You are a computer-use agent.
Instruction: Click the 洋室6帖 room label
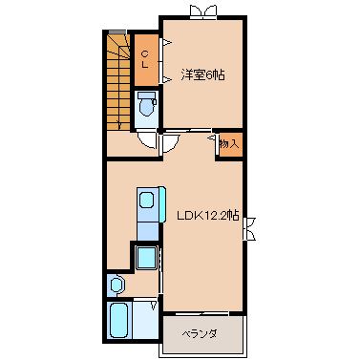(x=202, y=75)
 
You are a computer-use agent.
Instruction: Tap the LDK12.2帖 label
(x=208, y=216)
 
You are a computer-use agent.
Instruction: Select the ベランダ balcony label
(x=200, y=334)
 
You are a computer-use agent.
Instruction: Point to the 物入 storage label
(x=229, y=144)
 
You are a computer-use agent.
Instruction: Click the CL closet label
(x=145, y=59)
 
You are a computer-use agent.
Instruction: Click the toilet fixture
(x=146, y=104)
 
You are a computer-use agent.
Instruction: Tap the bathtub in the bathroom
(x=119, y=320)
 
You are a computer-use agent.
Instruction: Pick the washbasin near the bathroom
(x=116, y=284)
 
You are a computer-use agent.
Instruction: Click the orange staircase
(x=118, y=82)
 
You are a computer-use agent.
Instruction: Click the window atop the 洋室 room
(x=201, y=11)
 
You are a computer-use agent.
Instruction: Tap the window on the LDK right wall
(x=249, y=228)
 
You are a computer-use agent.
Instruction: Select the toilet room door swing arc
(x=146, y=142)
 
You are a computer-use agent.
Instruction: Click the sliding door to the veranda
(x=202, y=314)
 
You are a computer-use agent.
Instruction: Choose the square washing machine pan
(x=147, y=258)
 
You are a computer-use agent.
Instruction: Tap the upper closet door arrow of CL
(x=166, y=42)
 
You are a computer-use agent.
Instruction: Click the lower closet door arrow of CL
(x=166, y=79)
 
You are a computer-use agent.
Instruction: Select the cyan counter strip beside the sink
(x=162, y=204)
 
